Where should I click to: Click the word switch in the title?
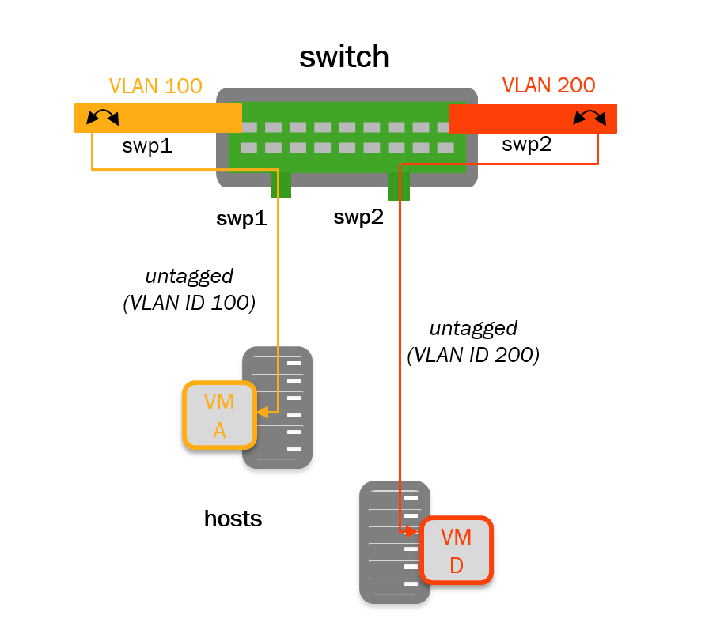point(344,57)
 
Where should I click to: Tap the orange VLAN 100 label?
point(155,85)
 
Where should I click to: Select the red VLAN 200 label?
point(548,85)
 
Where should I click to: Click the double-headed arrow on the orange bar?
point(102,118)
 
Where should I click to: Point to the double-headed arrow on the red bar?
point(589,118)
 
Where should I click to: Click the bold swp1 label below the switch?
point(241,219)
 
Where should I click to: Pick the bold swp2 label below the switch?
point(358,217)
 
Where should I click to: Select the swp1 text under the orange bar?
point(147,146)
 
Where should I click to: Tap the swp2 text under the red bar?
point(527,145)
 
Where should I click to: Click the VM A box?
point(219,415)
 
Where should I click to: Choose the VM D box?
point(457,551)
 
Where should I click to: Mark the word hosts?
point(233,519)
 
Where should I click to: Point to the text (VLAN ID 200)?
point(473,356)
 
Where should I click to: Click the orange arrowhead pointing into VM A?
point(263,412)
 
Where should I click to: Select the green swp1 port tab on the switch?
point(281,186)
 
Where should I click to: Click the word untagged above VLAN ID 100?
point(189,277)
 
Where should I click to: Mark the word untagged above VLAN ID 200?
point(473,328)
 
